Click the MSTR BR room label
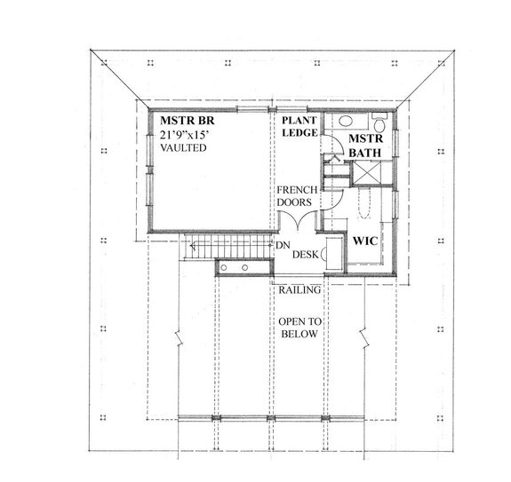coord(187,120)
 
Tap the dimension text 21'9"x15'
coord(188,134)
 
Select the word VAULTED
coord(184,148)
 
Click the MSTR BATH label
coord(363,148)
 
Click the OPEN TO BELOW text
coord(298,328)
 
